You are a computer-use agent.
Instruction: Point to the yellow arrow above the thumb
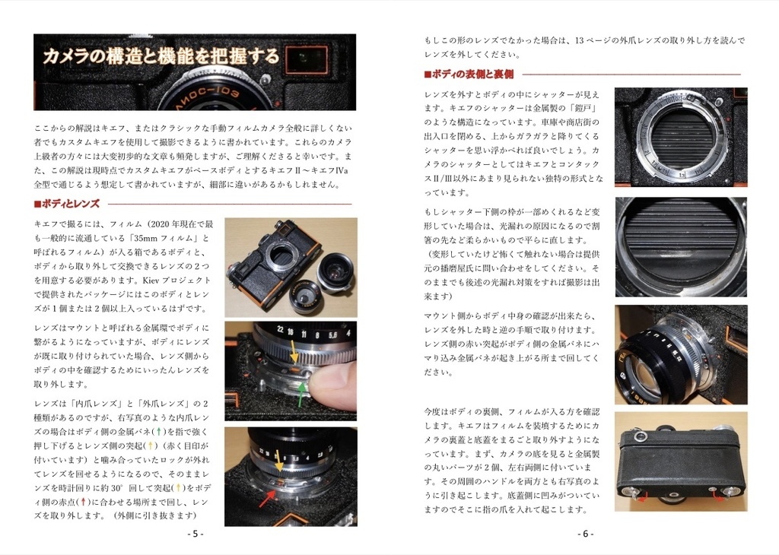[x=294, y=352]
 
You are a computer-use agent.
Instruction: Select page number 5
[x=196, y=534]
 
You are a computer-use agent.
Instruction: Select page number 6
[x=585, y=534]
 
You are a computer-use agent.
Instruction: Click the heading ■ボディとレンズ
[x=67, y=204]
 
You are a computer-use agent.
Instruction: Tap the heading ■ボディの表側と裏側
[x=469, y=75]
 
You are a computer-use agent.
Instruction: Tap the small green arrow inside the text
[x=158, y=432]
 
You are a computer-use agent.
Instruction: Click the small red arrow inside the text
[x=83, y=501]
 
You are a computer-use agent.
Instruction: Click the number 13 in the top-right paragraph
[x=579, y=41]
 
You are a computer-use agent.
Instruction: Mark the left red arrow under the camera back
[x=641, y=497]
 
